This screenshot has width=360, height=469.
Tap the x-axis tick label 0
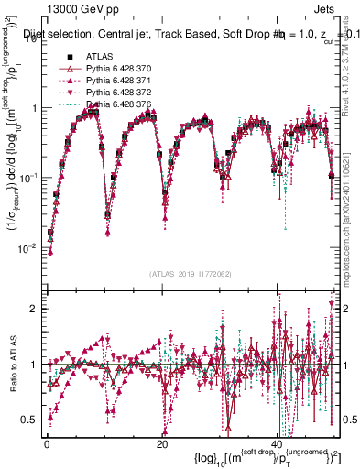click(47, 443)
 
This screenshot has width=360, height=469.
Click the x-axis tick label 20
click(161, 443)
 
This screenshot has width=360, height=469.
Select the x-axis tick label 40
click(277, 443)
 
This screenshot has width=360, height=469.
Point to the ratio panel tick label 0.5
click(30, 420)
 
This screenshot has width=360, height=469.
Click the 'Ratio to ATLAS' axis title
click(12, 365)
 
